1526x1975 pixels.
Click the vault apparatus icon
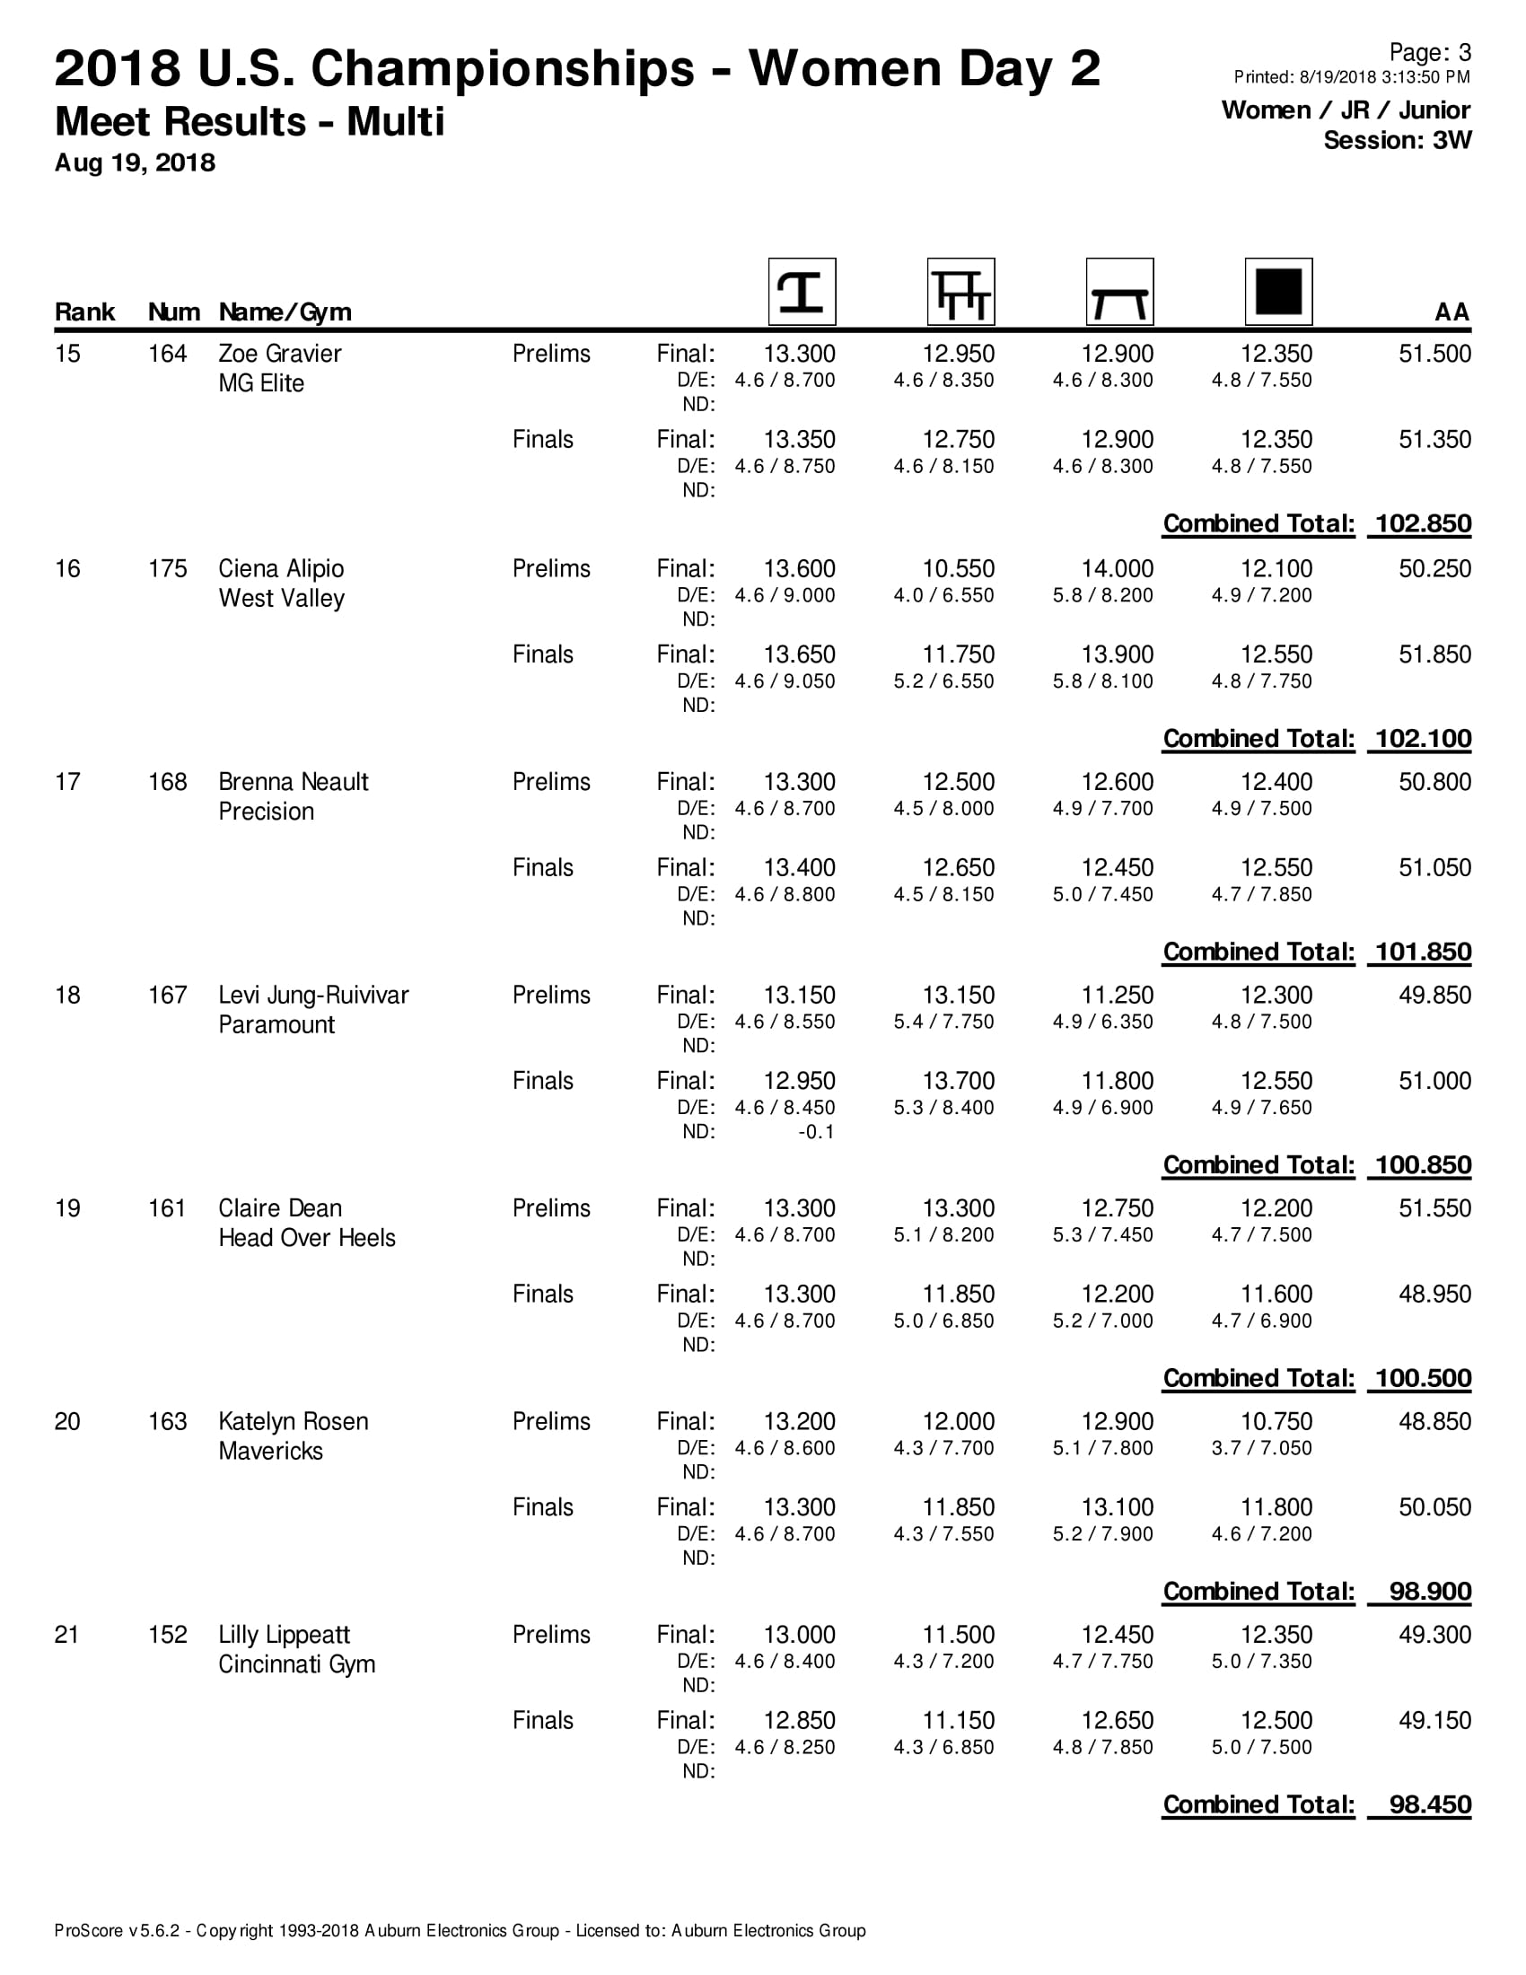802,291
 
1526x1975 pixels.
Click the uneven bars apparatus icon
961,291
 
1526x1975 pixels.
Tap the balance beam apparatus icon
1119,291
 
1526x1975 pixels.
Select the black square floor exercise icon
1278,291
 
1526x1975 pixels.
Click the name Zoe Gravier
279,354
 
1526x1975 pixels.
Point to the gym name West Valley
281,599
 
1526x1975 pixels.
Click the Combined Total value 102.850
1423,523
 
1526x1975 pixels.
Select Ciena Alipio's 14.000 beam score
1118,569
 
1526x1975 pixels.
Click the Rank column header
85,312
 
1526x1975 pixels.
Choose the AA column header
1451,312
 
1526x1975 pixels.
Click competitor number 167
167,995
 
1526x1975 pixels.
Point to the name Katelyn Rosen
293,1422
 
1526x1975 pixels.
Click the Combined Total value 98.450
1429,1805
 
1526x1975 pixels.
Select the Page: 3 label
1429,52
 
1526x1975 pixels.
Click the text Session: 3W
1397,140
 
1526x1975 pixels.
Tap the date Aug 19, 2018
135,162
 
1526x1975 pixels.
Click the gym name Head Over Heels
306,1238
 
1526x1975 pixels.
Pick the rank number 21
67,1635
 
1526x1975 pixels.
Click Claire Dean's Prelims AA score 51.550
1434,1208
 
